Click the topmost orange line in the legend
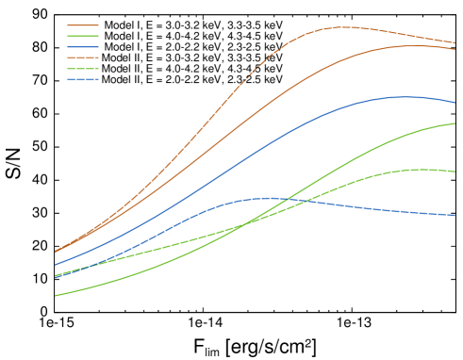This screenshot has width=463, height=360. pyautogui.click(x=83, y=25)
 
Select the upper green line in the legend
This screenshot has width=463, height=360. pyautogui.click(x=83, y=36)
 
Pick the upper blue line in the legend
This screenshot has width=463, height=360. pyautogui.click(x=83, y=47)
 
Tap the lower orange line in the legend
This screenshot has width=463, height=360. pyautogui.click(x=83, y=57)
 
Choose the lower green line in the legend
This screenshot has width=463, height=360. pyautogui.click(x=83, y=69)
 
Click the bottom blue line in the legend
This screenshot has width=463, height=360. pyautogui.click(x=83, y=79)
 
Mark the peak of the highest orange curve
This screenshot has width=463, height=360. pyautogui.click(x=341, y=26)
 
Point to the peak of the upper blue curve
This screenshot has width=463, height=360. pyautogui.click(x=406, y=96)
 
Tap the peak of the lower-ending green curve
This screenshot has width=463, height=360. pyautogui.click(x=415, y=170)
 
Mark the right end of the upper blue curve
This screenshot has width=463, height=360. pyautogui.click(x=455, y=103)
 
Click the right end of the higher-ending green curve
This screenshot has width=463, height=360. pyautogui.click(x=455, y=123)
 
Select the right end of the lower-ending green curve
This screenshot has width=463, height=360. pyautogui.click(x=455, y=172)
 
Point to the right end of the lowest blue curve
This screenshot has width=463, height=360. pyautogui.click(x=455, y=215)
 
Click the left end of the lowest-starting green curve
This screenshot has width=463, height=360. pyautogui.click(x=55, y=296)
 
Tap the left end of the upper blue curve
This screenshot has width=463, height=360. pyautogui.click(x=55, y=265)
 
